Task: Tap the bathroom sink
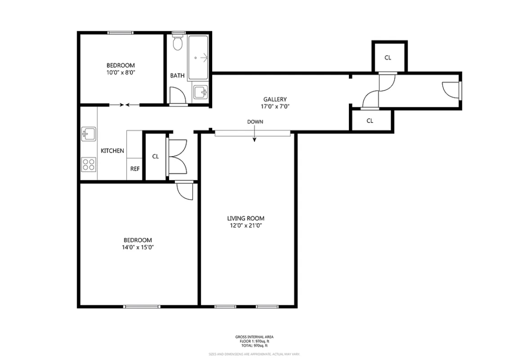(x=200, y=92)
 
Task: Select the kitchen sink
(x=88, y=134)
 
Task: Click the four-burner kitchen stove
(x=88, y=164)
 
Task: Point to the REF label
(x=135, y=169)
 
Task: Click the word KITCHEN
(x=112, y=151)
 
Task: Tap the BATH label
(x=177, y=75)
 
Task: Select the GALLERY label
(x=275, y=99)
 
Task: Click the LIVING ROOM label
(x=246, y=218)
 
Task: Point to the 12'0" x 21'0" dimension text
(x=246, y=226)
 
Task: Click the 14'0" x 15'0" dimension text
(x=138, y=247)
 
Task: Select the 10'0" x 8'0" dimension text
(x=120, y=73)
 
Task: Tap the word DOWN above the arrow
(x=255, y=122)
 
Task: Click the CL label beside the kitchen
(x=156, y=157)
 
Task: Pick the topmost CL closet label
(x=388, y=58)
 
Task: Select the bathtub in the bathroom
(x=198, y=58)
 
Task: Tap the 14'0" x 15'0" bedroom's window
(x=142, y=306)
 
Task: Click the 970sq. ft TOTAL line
(x=254, y=346)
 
